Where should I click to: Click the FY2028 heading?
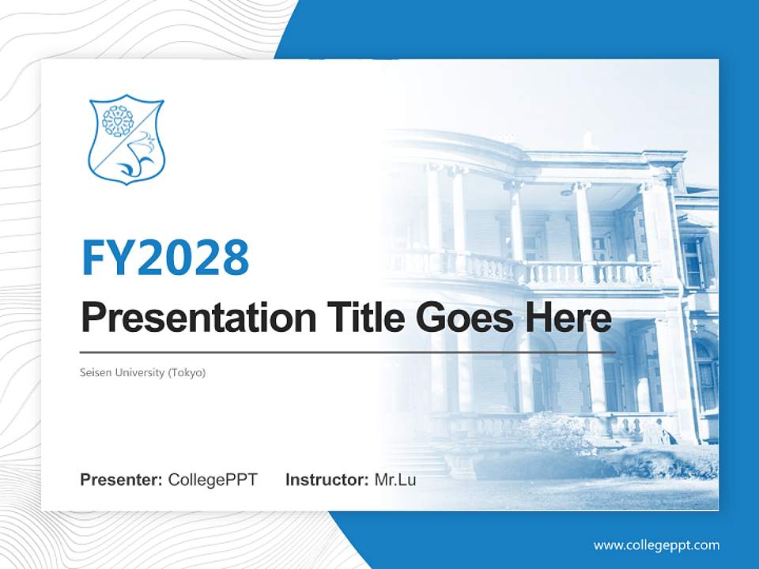(165, 257)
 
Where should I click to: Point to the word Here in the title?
(568, 318)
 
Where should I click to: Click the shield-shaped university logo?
(126, 140)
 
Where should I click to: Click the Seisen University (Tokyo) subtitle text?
(143, 372)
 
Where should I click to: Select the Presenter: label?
(122, 480)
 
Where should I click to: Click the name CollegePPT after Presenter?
(212, 480)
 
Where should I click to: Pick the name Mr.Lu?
(395, 480)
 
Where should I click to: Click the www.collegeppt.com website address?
(656, 545)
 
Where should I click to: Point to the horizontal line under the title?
(348, 352)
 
